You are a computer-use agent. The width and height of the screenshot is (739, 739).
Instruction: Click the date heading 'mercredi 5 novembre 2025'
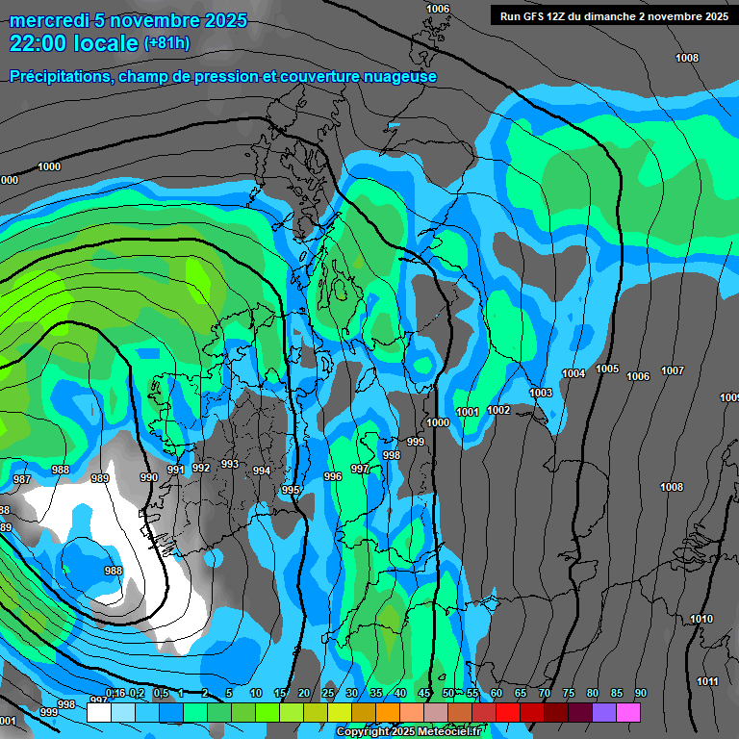128,20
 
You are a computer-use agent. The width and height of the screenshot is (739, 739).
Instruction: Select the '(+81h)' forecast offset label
166,43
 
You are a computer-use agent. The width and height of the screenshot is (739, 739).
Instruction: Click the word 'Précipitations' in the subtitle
62,76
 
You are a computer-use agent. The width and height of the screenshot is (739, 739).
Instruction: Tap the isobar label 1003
541,393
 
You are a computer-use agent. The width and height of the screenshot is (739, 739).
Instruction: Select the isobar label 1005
607,369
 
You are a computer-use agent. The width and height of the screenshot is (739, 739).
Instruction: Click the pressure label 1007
673,371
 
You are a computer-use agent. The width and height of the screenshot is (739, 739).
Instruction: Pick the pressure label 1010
702,620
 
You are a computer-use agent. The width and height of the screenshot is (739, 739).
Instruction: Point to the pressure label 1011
707,681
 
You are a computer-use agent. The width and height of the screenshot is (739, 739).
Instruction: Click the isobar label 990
148,477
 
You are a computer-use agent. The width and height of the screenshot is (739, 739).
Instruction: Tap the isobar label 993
229,464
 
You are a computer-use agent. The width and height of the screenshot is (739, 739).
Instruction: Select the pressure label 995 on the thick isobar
291,491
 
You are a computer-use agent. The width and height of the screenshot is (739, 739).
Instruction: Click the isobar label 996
333,476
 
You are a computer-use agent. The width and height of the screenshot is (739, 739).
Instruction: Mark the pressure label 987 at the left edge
21,479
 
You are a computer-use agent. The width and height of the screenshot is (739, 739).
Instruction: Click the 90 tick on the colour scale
641,694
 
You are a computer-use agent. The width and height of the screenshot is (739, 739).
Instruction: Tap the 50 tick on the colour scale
448,694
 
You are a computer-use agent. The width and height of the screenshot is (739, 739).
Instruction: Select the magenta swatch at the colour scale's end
628,712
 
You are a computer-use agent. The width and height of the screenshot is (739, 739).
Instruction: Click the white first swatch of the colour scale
98,712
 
